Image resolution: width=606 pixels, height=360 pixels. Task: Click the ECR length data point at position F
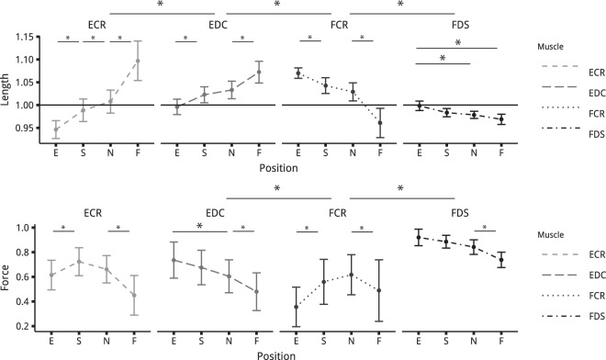pos(138,61)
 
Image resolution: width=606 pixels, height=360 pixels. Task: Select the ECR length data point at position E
pos(57,129)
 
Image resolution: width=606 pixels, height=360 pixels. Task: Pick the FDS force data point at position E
pos(420,238)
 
